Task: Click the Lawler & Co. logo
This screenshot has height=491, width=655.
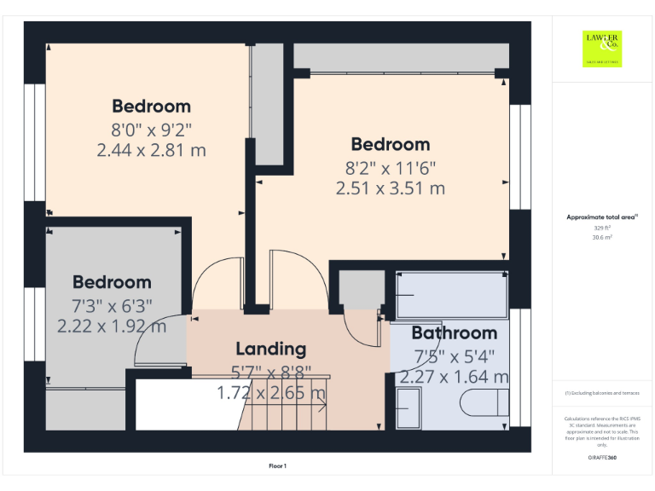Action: pos(602,48)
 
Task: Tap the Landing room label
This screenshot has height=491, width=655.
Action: pos(270,349)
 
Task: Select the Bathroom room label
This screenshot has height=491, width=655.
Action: pos(454,333)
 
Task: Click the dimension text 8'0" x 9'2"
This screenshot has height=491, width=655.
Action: pos(152,130)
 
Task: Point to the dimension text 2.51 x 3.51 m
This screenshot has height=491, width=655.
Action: pos(391,188)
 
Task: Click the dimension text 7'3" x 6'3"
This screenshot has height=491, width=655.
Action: pos(112,306)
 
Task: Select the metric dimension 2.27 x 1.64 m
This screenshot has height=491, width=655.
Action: pos(455,377)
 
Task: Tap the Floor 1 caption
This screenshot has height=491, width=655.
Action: pos(277,466)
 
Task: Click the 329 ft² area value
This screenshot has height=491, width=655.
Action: pos(602,228)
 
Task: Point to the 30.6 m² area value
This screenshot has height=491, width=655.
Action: pos(602,238)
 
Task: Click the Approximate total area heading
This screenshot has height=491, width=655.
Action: pos(601,218)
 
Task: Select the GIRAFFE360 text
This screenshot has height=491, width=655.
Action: pos(602,459)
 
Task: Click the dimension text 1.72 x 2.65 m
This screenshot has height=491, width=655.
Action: pos(271,393)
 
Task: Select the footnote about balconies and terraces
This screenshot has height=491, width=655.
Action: pos(602,393)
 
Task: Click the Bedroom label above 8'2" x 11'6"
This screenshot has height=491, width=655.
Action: pos(391,144)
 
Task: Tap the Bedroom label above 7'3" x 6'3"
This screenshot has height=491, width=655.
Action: pos(112,282)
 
